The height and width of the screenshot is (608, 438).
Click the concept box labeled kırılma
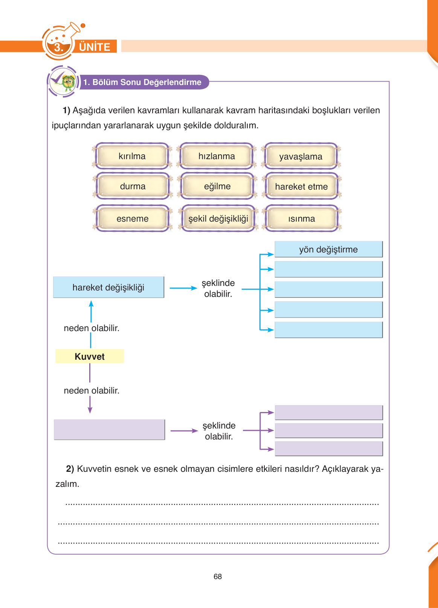(132, 156)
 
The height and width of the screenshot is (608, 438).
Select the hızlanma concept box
(217, 156)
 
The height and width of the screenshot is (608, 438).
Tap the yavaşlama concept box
(301, 156)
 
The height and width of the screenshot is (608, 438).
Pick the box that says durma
(132, 186)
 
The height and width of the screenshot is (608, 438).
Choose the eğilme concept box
(217, 186)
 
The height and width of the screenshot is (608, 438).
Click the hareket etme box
(301, 187)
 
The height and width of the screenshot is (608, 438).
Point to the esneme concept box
(132, 219)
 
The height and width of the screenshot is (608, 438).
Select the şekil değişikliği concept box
(218, 219)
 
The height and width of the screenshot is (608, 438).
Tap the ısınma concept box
(301, 219)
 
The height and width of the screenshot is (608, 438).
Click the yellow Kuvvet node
(90, 356)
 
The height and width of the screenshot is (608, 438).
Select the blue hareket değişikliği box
(108, 287)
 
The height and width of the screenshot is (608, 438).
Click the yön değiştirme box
(328, 249)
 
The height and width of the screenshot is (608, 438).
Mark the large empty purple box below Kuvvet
(109, 429)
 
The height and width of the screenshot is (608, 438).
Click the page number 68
(218, 576)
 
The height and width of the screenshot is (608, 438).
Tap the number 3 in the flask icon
(58, 47)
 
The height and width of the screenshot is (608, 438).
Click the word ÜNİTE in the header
(95, 47)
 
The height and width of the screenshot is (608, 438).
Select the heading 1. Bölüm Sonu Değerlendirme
(142, 82)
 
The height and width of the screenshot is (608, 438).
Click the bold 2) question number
(70, 469)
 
